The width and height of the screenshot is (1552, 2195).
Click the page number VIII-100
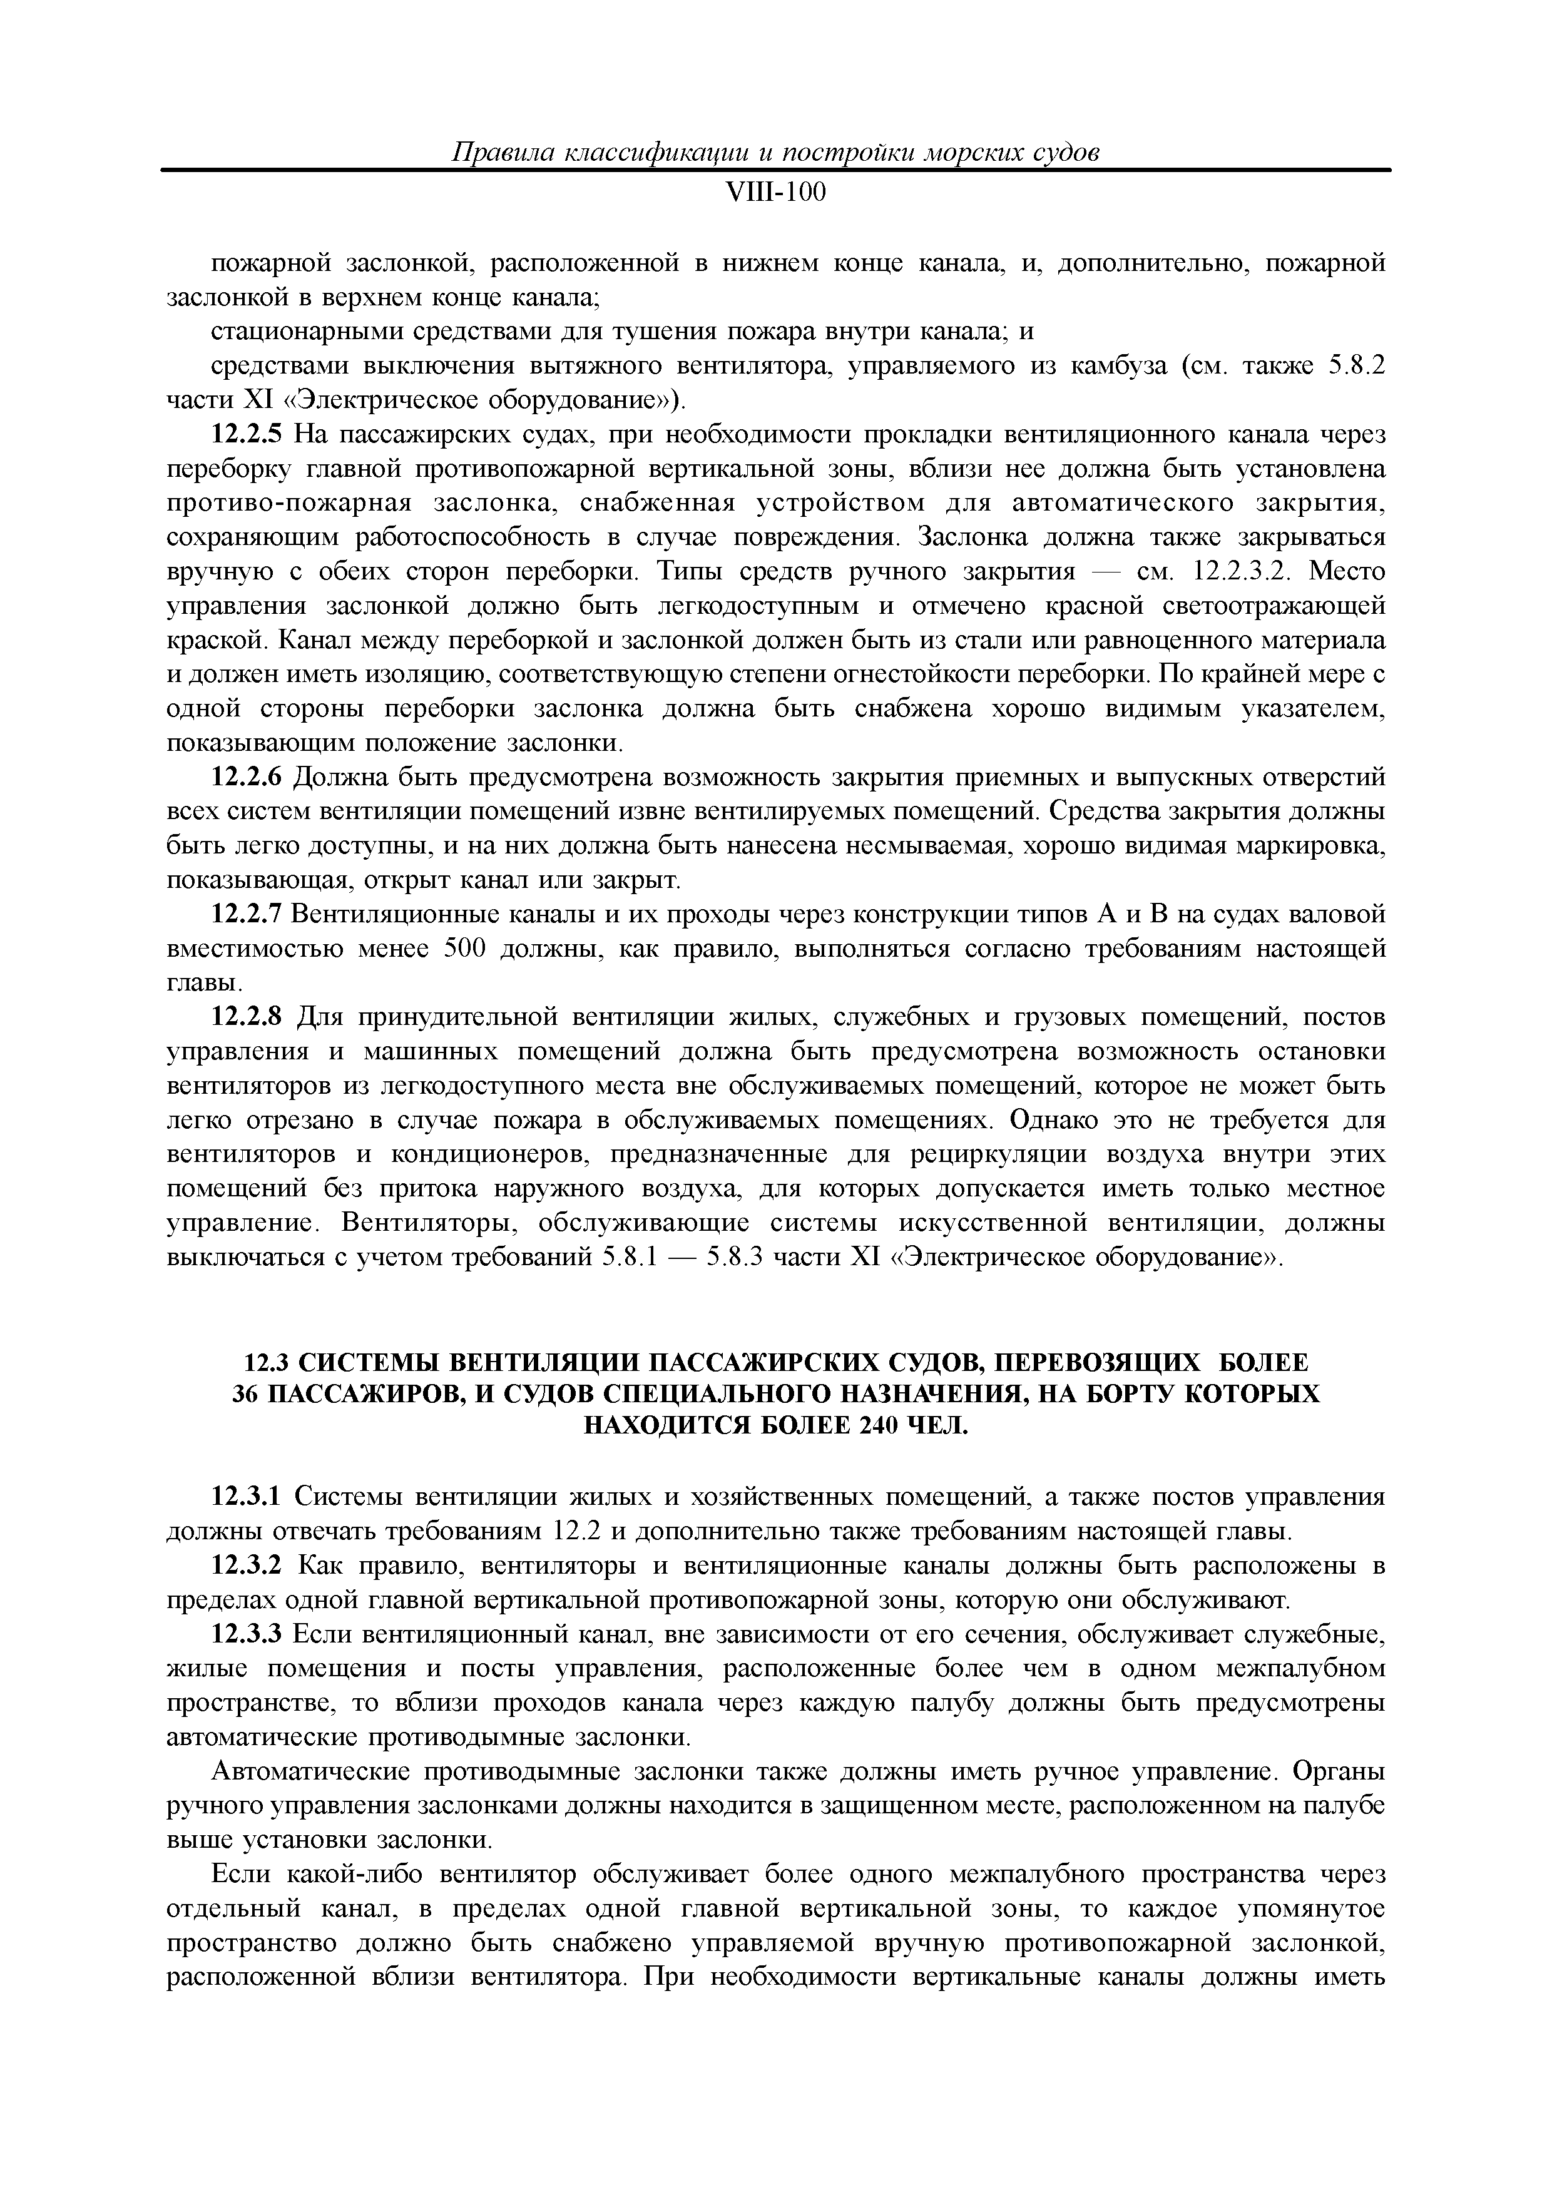tap(775, 194)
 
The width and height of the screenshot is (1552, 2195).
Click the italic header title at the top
tap(775, 153)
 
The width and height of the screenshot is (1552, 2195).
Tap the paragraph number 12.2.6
tap(247, 777)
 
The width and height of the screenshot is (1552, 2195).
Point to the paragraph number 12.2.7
tap(247, 915)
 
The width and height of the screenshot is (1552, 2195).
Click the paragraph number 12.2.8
tap(247, 1017)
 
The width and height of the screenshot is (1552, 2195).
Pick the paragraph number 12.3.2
tap(247, 1566)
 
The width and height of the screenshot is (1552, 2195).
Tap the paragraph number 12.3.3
tap(247, 1635)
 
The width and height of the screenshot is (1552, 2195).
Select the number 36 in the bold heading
tap(246, 1395)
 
